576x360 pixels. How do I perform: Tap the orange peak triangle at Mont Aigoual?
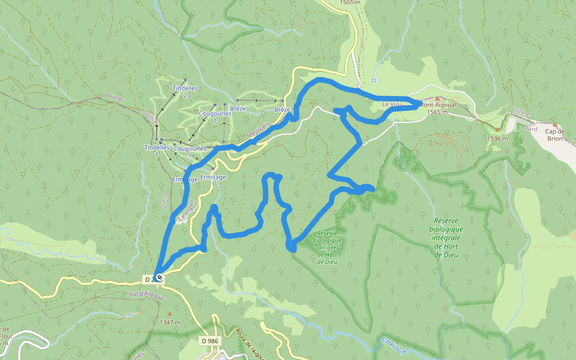click(x=437, y=98)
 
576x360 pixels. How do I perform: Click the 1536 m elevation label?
click(x=497, y=139)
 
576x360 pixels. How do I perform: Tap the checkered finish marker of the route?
click(x=160, y=277)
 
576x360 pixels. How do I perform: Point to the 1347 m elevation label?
click(x=170, y=322)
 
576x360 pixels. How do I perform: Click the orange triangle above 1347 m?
click(x=170, y=313)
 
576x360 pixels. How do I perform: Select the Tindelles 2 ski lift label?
click(x=184, y=91)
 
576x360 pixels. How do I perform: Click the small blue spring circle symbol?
click(x=374, y=80)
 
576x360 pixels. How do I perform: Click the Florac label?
click(x=115, y=97)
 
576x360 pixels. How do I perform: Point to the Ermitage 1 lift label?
click(x=212, y=180)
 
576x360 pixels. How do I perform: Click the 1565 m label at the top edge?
click(x=349, y=2)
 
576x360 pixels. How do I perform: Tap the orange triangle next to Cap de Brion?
click(x=497, y=129)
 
